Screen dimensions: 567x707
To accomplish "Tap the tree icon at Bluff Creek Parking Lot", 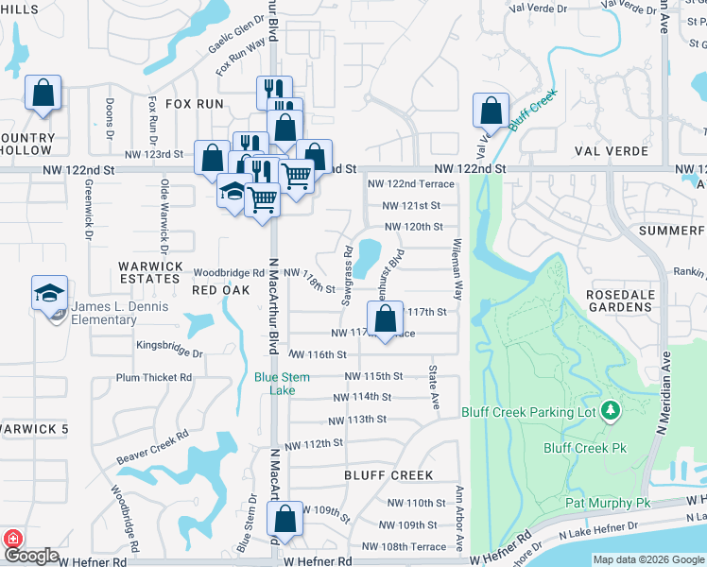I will (x=612, y=410).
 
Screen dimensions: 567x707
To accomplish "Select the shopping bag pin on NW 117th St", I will (x=385, y=320).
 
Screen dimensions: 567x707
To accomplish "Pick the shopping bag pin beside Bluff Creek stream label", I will (x=491, y=111).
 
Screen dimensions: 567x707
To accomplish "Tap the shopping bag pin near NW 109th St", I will (x=285, y=518).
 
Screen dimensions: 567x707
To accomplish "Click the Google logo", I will (x=31, y=557).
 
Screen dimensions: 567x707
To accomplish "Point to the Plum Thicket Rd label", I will (x=154, y=377).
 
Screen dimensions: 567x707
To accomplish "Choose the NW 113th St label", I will (x=357, y=420).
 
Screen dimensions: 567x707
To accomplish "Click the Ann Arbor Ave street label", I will (x=459, y=519).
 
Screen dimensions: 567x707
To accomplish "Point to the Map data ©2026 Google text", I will (x=648, y=559).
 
